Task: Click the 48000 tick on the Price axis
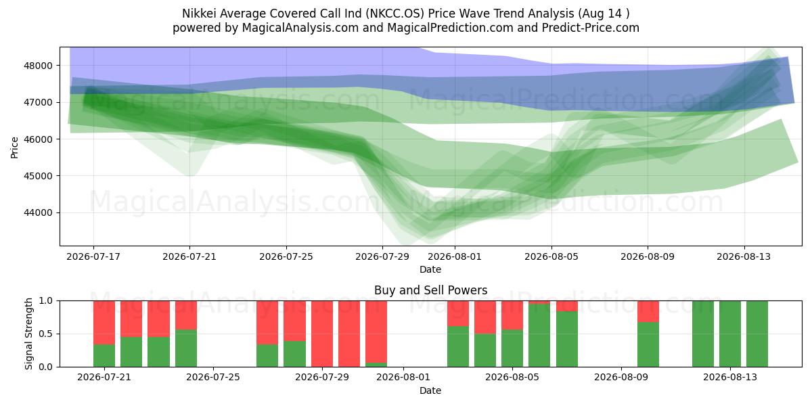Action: (38, 66)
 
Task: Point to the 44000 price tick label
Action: (38, 212)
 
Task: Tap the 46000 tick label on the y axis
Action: (38, 139)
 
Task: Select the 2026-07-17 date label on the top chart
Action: (93, 256)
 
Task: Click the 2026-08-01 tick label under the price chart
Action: (455, 256)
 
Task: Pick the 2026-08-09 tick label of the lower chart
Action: (621, 378)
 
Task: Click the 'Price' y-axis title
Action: (14, 148)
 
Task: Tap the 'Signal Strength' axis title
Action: (28, 334)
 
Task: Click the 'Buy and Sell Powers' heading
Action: (430, 290)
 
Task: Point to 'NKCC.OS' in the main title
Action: (394, 14)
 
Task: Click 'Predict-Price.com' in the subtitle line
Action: (591, 28)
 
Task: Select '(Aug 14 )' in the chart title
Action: (604, 14)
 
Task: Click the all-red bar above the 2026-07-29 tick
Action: (322, 334)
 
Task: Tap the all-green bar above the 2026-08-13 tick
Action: (730, 334)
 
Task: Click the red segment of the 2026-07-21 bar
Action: (104, 323)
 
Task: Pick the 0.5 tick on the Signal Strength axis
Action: (45, 334)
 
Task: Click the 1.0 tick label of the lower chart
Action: (45, 301)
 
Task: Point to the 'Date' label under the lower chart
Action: (430, 391)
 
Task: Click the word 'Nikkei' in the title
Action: (199, 14)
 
